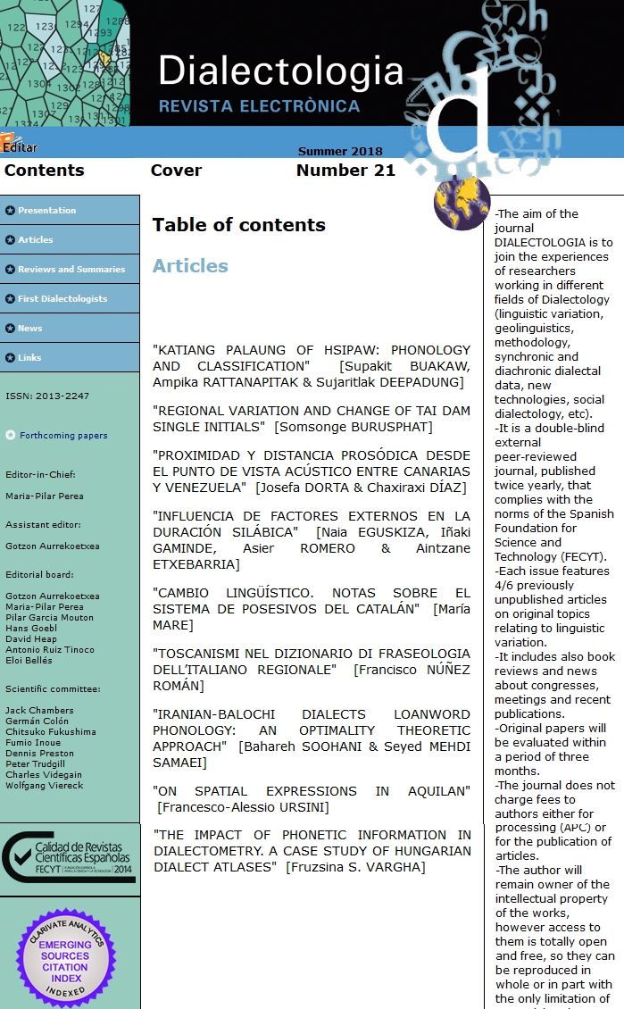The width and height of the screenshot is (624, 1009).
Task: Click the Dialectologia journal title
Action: [280, 71]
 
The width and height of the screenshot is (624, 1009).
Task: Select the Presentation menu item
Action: [46, 211]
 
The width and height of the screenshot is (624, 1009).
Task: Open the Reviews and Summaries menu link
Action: [71, 270]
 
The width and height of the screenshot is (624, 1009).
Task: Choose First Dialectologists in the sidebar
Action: [62, 299]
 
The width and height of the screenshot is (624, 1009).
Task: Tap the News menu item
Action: [30, 329]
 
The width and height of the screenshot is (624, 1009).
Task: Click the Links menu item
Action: [30, 358]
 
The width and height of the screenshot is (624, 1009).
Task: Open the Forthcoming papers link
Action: [63, 436]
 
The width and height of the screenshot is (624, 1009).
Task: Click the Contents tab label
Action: [44, 171]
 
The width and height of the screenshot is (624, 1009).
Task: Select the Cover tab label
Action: [176, 171]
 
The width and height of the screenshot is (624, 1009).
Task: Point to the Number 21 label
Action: [345, 171]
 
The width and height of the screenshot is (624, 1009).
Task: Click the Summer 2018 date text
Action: [340, 152]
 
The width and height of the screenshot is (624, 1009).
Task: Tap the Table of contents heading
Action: [238, 225]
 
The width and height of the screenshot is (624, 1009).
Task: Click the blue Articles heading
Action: [190, 266]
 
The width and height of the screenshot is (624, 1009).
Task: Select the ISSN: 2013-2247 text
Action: [47, 396]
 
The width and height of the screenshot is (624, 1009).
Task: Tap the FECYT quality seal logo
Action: [70, 856]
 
